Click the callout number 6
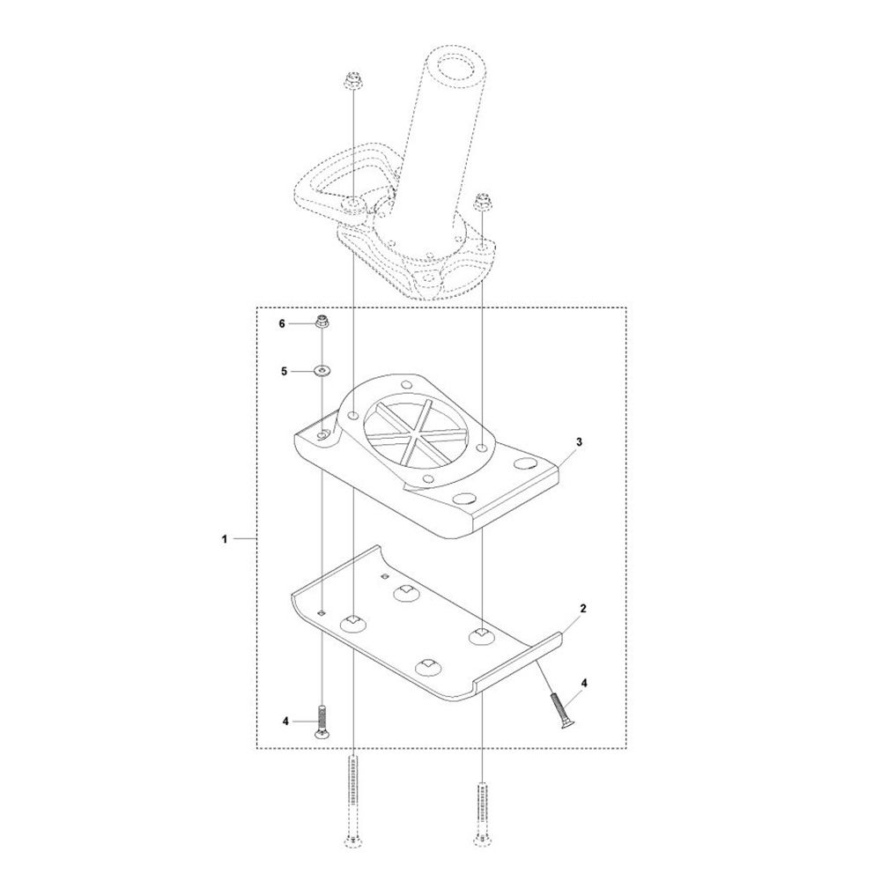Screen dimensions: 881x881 click(x=282, y=323)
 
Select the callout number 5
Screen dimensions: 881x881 click(x=284, y=371)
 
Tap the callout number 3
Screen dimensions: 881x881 click(x=579, y=441)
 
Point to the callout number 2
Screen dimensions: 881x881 click(x=583, y=608)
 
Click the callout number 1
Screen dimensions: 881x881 click(x=224, y=539)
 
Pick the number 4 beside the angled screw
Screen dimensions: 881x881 click(x=584, y=684)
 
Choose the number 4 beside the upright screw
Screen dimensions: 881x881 click(x=285, y=721)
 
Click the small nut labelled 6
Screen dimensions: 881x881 click(x=322, y=322)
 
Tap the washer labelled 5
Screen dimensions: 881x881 click(x=322, y=371)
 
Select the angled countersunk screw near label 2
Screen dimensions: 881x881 click(x=559, y=710)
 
